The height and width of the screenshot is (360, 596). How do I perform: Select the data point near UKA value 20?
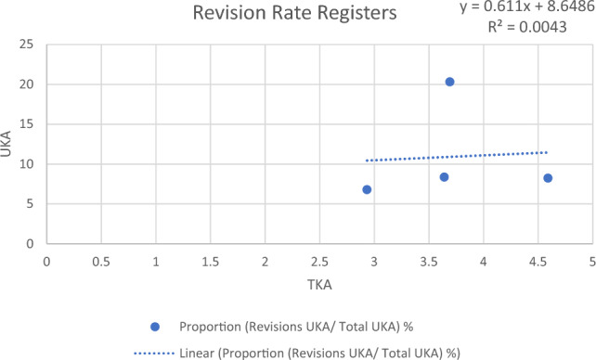click(x=449, y=82)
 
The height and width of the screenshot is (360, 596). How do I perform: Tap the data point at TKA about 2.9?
click(x=367, y=189)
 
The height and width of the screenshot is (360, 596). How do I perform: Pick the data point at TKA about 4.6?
click(x=548, y=178)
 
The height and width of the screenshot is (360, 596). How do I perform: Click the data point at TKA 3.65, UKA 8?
click(x=444, y=177)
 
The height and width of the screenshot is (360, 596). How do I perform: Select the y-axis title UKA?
click(x=10, y=145)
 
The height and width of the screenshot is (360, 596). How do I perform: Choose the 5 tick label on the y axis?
click(x=32, y=204)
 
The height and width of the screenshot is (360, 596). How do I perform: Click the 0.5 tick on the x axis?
click(x=101, y=262)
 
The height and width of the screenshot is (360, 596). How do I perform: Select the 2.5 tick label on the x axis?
click(x=319, y=262)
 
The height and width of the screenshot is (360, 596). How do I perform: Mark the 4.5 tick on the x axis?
click(x=538, y=262)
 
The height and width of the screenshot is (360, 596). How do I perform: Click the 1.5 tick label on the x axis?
click(x=210, y=262)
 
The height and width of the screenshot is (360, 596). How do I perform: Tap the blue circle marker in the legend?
click(x=155, y=327)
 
